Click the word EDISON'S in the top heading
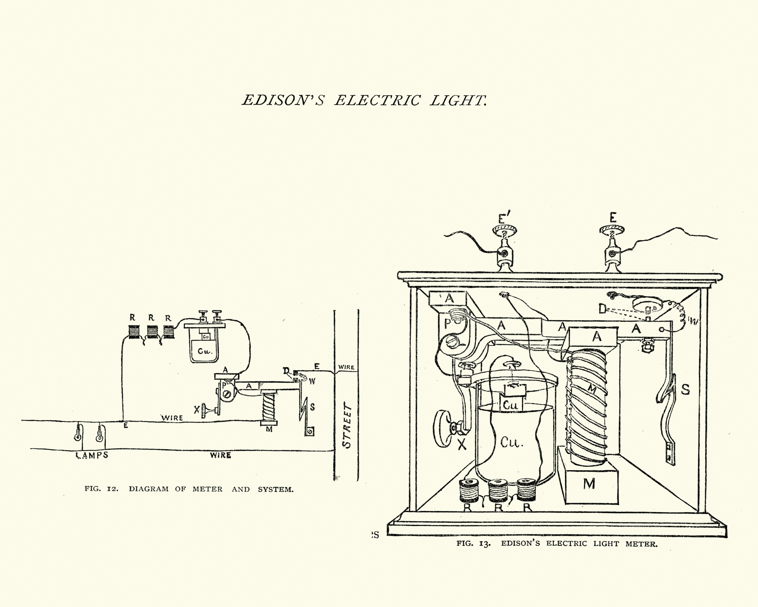(x=283, y=101)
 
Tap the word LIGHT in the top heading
(x=458, y=101)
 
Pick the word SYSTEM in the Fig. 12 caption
(x=275, y=489)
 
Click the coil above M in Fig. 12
(x=269, y=406)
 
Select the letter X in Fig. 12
(x=196, y=409)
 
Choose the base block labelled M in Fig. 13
(x=589, y=484)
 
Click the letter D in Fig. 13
(x=602, y=310)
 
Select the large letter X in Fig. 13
(x=462, y=444)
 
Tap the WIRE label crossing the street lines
(x=346, y=368)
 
